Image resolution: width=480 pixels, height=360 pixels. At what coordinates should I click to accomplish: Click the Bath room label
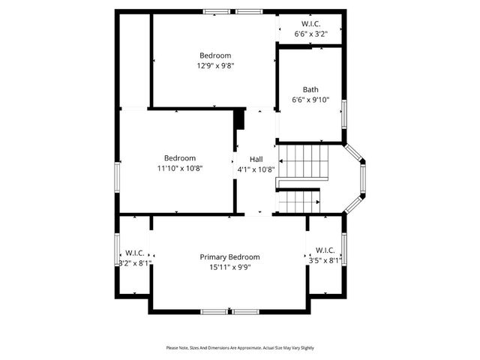click(x=310, y=89)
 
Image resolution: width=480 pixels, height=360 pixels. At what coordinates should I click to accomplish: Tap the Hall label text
click(x=256, y=159)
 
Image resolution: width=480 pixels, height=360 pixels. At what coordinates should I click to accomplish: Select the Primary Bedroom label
click(x=229, y=257)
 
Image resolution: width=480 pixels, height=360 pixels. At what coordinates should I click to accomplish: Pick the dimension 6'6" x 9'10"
click(x=310, y=100)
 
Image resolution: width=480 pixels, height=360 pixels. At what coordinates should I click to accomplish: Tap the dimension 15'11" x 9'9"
click(x=229, y=267)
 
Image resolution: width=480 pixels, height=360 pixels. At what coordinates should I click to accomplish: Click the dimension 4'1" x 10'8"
click(x=256, y=169)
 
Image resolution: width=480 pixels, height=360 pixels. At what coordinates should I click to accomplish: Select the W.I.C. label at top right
click(x=310, y=24)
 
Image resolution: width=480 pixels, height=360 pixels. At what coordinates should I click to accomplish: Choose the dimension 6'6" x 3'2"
click(x=310, y=34)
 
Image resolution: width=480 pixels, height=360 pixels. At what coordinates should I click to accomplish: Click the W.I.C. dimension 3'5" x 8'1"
click(x=325, y=260)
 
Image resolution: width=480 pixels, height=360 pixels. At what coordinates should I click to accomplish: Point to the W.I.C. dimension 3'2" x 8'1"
click(x=135, y=262)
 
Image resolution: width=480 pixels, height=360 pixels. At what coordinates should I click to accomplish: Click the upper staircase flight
click(x=304, y=160)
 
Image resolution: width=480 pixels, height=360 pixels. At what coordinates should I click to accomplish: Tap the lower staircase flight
click(x=299, y=200)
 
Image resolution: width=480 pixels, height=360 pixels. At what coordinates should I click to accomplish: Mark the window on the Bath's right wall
click(x=344, y=112)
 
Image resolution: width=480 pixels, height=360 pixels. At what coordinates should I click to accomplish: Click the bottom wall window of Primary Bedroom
click(x=229, y=311)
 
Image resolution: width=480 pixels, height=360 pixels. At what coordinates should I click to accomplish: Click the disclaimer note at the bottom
click(x=240, y=348)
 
